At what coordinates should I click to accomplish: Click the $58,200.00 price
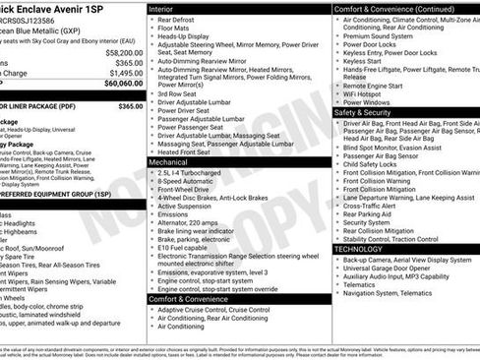coord(123,52)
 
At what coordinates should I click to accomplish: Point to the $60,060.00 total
coord(122,84)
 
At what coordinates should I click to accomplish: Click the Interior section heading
coord(162,7)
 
